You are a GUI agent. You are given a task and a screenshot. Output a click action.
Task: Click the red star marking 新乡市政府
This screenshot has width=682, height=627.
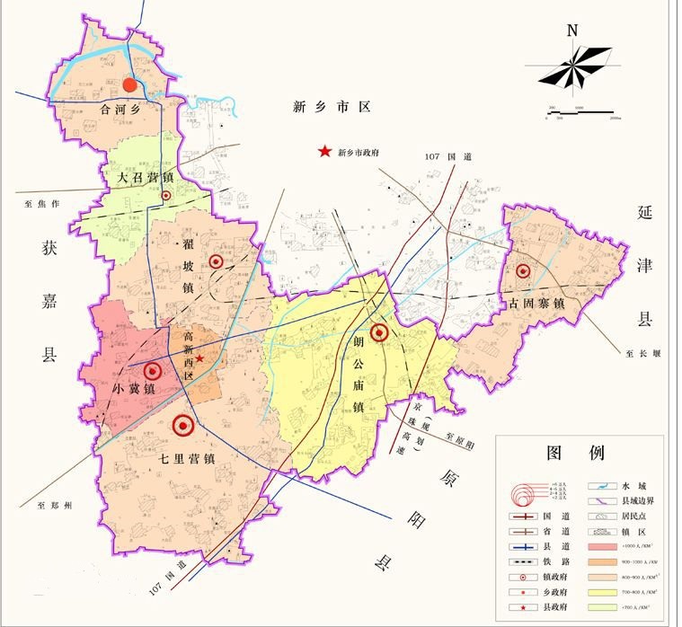click(323, 152)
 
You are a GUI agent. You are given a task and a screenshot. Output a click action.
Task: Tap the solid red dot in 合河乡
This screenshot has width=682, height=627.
click(129, 85)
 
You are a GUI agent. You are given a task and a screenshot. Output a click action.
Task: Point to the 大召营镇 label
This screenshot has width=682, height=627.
click(146, 178)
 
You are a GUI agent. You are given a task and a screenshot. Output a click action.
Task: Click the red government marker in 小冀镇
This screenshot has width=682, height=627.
click(152, 370)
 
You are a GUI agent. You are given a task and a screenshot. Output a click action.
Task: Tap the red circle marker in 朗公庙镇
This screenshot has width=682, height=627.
click(379, 332)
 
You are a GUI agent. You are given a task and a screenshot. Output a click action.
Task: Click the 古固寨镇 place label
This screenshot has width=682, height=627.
click(536, 305)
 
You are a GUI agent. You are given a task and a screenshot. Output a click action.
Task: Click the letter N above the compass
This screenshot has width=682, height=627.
click(571, 30)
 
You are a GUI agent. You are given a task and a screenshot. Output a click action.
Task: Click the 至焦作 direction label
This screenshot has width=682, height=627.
click(41, 204)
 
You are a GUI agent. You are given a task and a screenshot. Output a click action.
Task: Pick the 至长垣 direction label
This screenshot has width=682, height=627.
click(643, 354)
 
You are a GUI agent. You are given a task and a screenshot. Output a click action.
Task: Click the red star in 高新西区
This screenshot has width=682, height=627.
click(201, 358)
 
